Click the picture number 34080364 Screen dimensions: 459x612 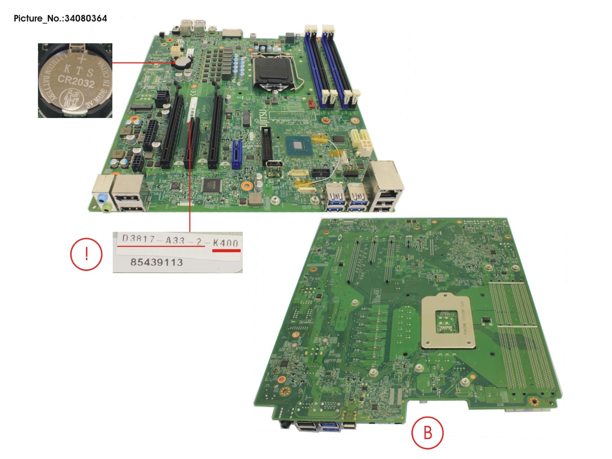(86, 18)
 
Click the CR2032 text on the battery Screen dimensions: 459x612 (76, 81)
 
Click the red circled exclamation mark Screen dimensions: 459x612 (86, 254)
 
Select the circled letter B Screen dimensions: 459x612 (428, 433)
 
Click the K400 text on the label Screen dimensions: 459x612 (226, 243)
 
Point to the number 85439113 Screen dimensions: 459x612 (156, 262)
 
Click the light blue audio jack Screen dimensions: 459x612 (102, 198)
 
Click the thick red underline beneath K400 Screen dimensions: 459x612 (226, 251)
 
